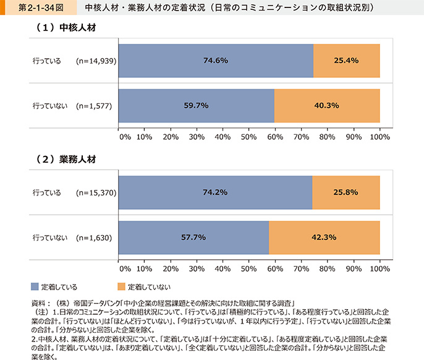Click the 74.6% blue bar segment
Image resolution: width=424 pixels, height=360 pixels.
pos(215,61)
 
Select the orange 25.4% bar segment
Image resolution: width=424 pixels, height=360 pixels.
pos(347,61)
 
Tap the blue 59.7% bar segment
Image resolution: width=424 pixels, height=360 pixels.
pos(196,105)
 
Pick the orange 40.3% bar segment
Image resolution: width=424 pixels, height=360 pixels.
pos(327,105)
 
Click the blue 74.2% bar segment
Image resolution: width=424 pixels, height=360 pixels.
pos(214,192)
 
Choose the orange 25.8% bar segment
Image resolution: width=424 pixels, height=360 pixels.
pos(346,192)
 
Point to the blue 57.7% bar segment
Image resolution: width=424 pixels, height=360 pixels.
pos(193,237)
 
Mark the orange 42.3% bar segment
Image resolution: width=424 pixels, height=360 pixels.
pos(324,237)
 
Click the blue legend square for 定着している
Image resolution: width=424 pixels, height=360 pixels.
pos(35,286)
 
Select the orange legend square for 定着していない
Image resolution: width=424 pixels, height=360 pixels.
pos(121,286)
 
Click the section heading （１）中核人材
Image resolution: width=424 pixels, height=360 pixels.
pos(64,29)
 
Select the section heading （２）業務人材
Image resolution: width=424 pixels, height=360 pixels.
pos(64,160)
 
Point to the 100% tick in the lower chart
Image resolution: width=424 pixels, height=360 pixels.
pos(379,269)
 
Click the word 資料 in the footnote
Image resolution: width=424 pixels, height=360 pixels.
pos(38,304)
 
